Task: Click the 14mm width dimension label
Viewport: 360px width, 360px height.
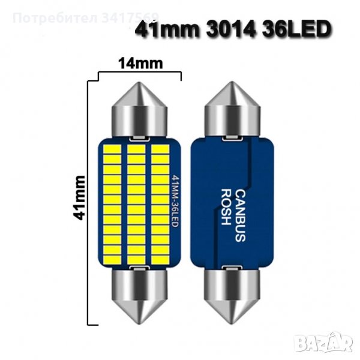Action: pyautogui.click(x=140, y=64)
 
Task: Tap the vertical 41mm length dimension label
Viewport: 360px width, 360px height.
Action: pyautogui.click(x=79, y=198)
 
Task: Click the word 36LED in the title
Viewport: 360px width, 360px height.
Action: pyautogui.click(x=297, y=29)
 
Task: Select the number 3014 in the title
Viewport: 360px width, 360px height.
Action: pyautogui.click(x=231, y=29)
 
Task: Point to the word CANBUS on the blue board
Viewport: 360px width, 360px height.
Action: pyautogui.click(x=241, y=215)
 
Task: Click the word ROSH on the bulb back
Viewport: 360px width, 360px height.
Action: pyautogui.click(x=226, y=207)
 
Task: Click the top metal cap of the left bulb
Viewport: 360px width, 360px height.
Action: pyautogui.click(x=140, y=110)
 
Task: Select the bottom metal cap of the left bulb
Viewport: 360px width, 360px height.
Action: pyautogui.click(x=140, y=296)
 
